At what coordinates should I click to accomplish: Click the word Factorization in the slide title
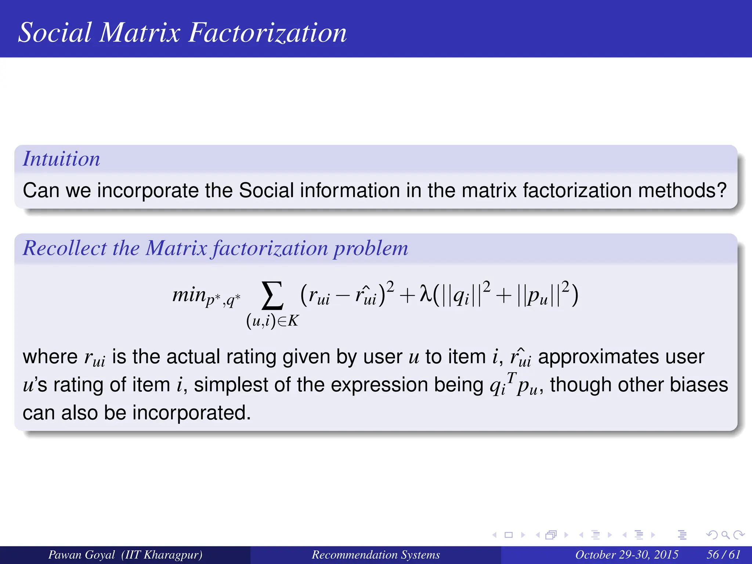[x=267, y=32]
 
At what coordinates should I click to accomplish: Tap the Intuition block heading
[x=61, y=159]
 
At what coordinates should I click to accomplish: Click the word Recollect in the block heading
[x=65, y=248]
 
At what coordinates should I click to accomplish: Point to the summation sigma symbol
[x=272, y=296]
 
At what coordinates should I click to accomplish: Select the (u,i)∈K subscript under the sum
[x=272, y=321]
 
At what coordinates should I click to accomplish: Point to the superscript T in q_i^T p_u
[x=511, y=376]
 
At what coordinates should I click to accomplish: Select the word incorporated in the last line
[x=191, y=413]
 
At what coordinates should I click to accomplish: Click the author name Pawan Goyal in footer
[x=82, y=554]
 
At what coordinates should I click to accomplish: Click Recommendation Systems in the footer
[x=376, y=554]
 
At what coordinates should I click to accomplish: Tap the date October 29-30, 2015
[x=626, y=554]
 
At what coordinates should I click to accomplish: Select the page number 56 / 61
[x=723, y=554]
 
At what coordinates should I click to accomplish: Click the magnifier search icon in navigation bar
[x=725, y=535]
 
